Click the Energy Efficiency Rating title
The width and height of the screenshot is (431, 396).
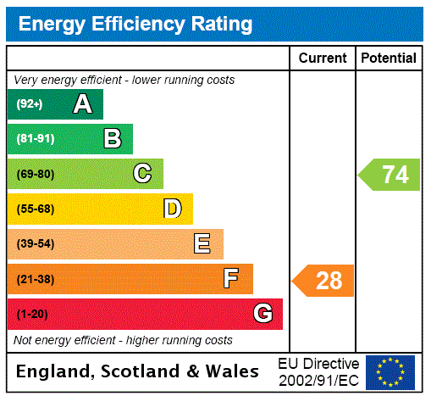point(135,25)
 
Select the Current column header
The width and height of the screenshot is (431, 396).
point(323,58)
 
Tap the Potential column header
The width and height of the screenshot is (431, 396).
point(389,58)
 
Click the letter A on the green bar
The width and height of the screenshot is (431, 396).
point(82,104)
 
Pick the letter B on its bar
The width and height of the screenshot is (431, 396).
point(112,139)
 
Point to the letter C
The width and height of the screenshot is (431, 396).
point(142,174)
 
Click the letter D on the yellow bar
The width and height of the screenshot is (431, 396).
point(172,209)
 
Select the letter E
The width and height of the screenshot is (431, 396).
point(202,244)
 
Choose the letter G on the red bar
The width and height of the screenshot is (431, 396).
point(262,314)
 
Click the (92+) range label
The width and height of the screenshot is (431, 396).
point(30,104)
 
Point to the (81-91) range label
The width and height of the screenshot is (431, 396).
point(35,139)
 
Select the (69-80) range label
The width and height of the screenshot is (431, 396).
point(35,174)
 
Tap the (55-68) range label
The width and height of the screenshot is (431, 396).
point(35,209)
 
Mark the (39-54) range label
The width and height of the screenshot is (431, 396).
point(35,244)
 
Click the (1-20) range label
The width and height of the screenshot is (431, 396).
point(32,314)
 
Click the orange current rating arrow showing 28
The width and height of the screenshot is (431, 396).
point(324,280)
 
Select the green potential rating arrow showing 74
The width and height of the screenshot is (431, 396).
point(390,175)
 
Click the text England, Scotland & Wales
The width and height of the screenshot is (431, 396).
point(138,371)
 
